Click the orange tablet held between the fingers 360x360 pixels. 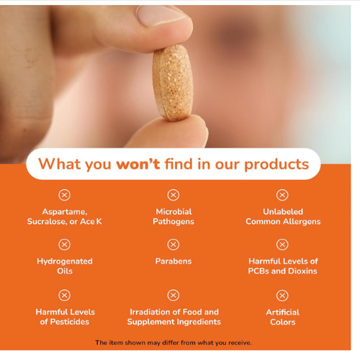[x=172, y=83]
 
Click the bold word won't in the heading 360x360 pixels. [x=138, y=164]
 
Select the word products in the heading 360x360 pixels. [x=276, y=165]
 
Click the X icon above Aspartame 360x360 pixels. [x=64, y=195]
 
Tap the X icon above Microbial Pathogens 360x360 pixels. [x=174, y=195]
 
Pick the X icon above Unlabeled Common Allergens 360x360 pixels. [x=282, y=195]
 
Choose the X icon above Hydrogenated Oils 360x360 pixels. [x=64, y=245]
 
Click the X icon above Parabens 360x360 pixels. [x=174, y=245]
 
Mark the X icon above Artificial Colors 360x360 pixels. [x=282, y=295]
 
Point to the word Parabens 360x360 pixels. [x=174, y=261]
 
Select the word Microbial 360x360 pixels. [x=174, y=212]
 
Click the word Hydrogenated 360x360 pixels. [x=65, y=261]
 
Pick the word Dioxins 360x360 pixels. [x=302, y=271]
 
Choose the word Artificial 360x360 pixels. [x=283, y=312]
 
